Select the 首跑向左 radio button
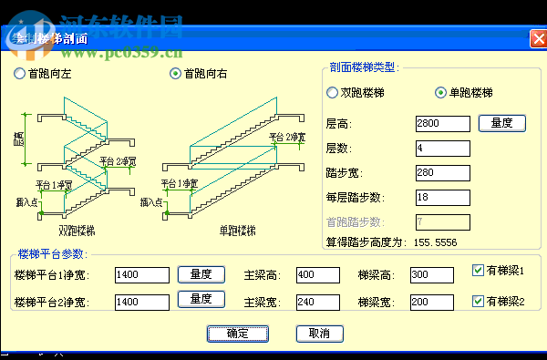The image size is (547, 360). point(20,74)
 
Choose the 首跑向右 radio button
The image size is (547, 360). point(176,74)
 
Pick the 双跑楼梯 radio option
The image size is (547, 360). point(332,92)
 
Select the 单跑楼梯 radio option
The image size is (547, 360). point(441,92)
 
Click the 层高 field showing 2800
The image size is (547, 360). point(442,123)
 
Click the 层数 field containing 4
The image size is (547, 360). point(442,148)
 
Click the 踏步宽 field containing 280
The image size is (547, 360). point(442,172)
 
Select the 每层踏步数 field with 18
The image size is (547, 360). point(442,197)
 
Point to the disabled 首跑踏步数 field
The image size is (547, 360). point(442,221)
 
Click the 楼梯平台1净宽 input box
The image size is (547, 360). point(142,273)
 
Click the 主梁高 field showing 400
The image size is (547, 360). point(317,274)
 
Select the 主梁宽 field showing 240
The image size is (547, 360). point(317,302)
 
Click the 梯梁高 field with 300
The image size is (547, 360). point(431,274)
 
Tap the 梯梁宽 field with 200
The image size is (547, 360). point(431,302)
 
